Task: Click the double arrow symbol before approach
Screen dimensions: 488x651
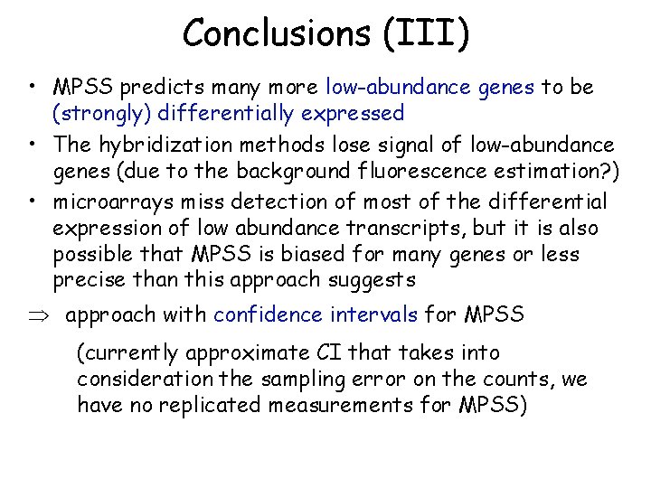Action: (42, 315)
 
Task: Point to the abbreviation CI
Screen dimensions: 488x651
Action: (348, 352)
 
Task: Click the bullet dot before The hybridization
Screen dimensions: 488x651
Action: (32, 144)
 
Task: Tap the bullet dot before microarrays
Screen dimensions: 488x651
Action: (32, 200)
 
